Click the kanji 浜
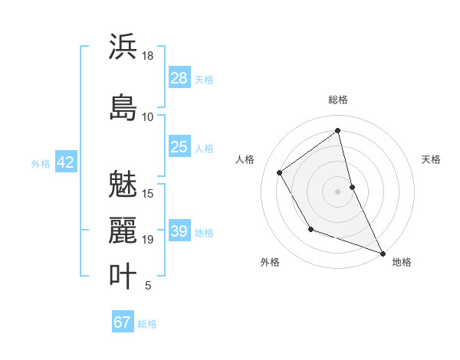tap(123, 47)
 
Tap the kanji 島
tap(123, 107)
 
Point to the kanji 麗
tap(123, 230)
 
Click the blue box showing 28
tap(179, 78)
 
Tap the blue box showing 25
tap(179, 147)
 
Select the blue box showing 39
tap(179, 231)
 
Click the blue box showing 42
tap(65, 162)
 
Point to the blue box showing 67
tap(123, 322)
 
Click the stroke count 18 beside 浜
tap(148, 56)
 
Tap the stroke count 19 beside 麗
tap(148, 240)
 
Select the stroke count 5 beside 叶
tap(148, 286)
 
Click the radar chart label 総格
tap(338, 100)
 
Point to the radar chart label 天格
tap(431, 159)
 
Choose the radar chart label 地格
tap(402, 262)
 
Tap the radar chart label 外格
tap(270, 262)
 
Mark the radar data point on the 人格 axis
tap(280, 172)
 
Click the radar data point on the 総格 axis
tap(338, 130)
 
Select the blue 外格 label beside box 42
tap(41, 163)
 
